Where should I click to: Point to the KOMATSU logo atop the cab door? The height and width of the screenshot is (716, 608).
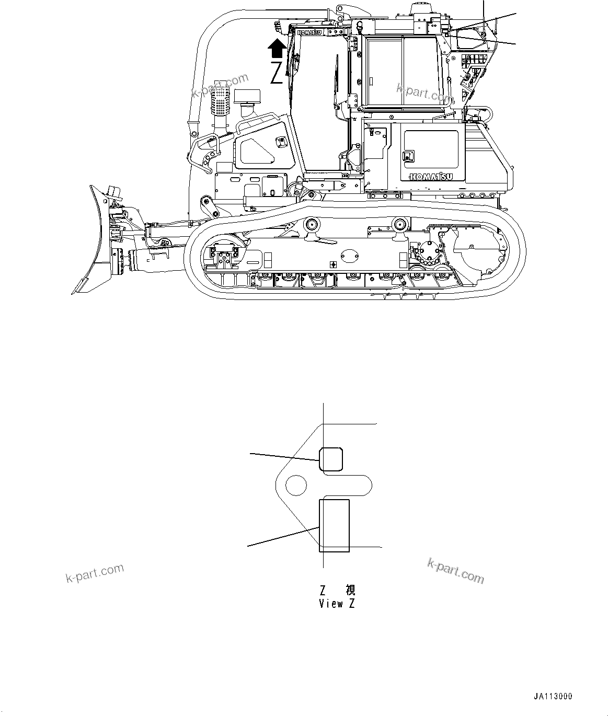pyautogui.click(x=310, y=32)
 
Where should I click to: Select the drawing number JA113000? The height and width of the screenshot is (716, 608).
pyautogui.click(x=553, y=696)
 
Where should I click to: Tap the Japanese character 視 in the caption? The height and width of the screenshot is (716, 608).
pyautogui.click(x=350, y=591)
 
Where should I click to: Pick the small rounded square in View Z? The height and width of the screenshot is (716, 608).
pyautogui.click(x=331, y=458)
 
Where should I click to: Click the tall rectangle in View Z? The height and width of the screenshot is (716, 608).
pyautogui.click(x=334, y=525)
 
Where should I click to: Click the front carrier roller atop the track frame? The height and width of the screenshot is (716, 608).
pyautogui.click(x=313, y=225)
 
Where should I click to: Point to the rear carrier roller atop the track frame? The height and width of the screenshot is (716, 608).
pyautogui.click(x=401, y=225)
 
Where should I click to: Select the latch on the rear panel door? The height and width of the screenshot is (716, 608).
pyautogui.click(x=407, y=156)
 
